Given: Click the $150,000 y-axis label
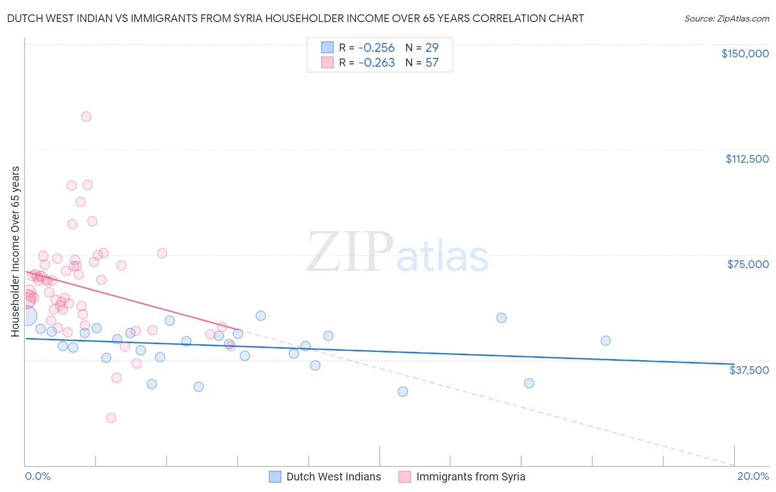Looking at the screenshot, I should click(x=745, y=54).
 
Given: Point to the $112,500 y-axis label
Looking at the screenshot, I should click(x=747, y=159).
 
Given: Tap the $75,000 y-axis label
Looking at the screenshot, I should click(x=748, y=264).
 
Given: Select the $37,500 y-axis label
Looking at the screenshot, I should click(x=749, y=370).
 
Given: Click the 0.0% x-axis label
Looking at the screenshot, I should click(x=38, y=476).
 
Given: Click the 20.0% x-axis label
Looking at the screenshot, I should click(x=753, y=476).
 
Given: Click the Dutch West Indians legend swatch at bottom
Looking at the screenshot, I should click(x=275, y=477).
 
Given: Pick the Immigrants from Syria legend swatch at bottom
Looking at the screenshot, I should click(x=405, y=477).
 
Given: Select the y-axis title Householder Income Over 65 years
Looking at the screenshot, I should click(x=15, y=252).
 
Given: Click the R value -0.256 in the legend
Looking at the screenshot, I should click(x=376, y=47).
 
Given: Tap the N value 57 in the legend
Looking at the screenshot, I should click(x=432, y=63).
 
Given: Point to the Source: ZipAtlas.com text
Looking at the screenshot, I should click(x=726, y=19).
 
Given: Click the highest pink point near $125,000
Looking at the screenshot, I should click(x=86, y=116).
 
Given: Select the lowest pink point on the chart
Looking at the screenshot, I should click(x=111, y=418).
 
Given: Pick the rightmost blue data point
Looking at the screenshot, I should click(x=605, y=340).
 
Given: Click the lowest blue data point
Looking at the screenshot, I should click(x=403, y=391).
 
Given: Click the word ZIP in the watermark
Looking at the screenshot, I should click(x=349, y=252).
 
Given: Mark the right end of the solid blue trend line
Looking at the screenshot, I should click(x=734, y=363).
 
